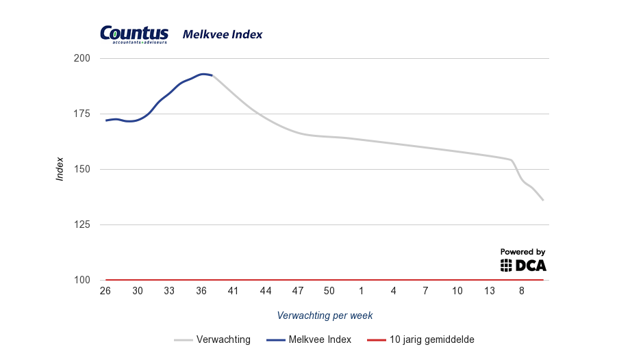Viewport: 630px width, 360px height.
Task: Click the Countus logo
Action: [134, 34]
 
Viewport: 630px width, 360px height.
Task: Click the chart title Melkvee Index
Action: [223, 34]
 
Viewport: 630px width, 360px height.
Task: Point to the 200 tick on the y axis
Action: [82, 59]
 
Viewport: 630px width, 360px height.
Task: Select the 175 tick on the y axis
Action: [82, 114]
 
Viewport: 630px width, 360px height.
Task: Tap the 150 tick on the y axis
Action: [82, 170]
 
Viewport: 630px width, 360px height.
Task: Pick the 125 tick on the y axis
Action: [82, 225]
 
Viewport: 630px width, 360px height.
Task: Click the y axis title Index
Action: [60, 168]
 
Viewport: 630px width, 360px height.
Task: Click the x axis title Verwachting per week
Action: [325, 316]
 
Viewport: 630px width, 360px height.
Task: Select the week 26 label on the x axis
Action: [105, 291]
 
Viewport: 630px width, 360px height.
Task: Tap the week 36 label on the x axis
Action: [201, 291]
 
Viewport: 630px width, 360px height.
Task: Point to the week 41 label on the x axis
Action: [234, 291]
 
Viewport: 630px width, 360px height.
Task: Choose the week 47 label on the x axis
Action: [297, 291]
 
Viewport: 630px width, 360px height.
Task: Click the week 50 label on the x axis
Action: [329, 291]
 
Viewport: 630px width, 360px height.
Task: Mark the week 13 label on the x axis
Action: [490, 291]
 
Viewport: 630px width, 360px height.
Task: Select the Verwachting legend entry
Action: [212, 339]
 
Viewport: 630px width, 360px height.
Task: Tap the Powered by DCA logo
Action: [523, 261]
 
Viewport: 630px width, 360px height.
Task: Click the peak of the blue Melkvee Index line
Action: [203, 74]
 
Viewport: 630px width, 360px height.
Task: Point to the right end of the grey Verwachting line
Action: [543, 200]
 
